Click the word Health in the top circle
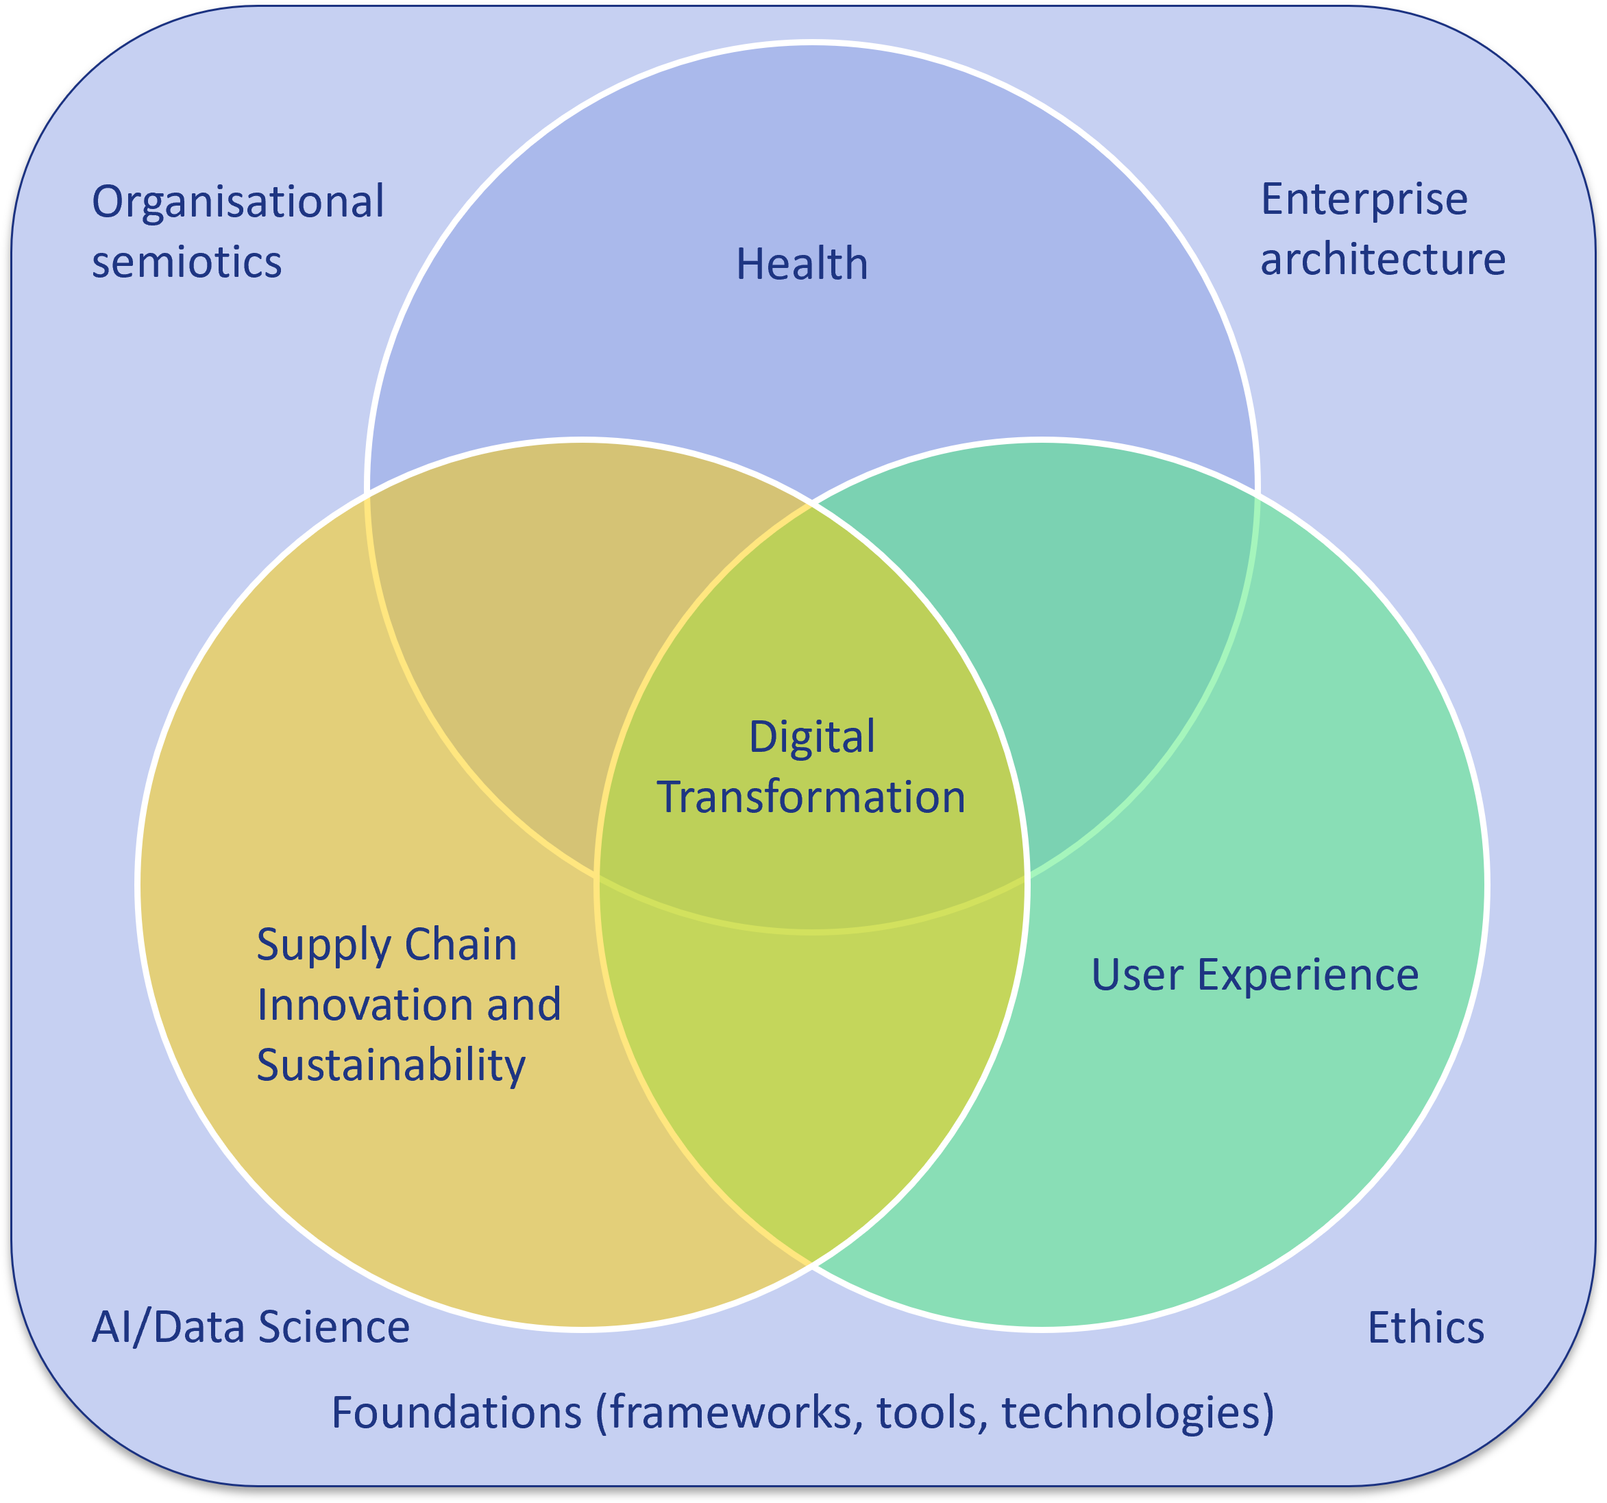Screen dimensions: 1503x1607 [802, 265]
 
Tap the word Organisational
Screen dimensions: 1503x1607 [238, 202]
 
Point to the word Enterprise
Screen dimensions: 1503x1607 [1364, 199]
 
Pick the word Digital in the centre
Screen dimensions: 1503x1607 [811, 737]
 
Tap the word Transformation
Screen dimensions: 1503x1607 [811, 797]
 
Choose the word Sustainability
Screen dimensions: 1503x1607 [391, 1066]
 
